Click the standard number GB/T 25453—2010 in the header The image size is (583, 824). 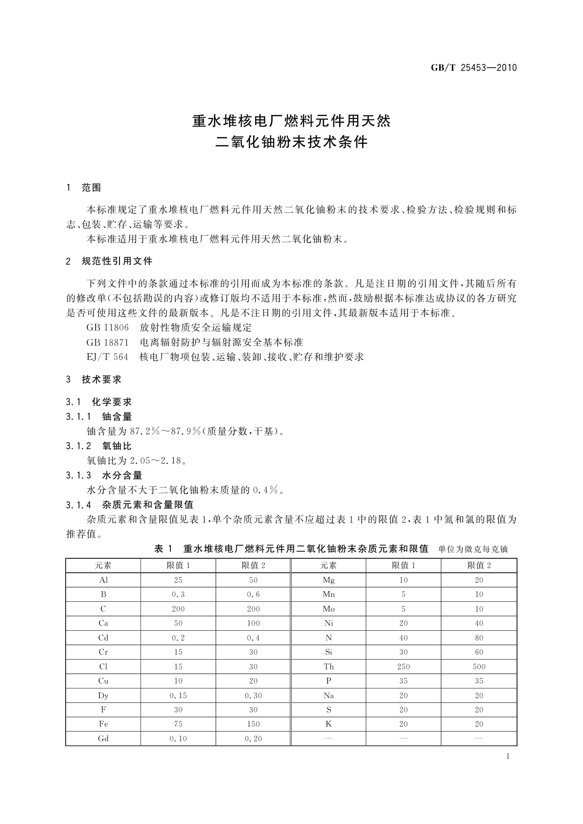click(474, 68)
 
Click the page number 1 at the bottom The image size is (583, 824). click(508, 756)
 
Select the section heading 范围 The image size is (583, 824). click(92, 188)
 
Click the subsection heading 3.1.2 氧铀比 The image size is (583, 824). click(99, 446)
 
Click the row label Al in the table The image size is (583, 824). click(103, 580)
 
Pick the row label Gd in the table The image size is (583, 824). click(103, 739)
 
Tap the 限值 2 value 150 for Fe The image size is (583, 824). click(254, 724)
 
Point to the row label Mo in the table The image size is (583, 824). click(328, 609)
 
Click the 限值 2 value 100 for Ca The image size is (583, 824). click(254, 623)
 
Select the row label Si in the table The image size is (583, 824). click(328, 652)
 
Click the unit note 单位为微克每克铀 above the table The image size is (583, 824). click(473, 549)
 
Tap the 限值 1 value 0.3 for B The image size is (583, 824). click(178, 595)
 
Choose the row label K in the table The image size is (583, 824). click(328, 724)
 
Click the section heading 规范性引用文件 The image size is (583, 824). click(117, 261)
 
